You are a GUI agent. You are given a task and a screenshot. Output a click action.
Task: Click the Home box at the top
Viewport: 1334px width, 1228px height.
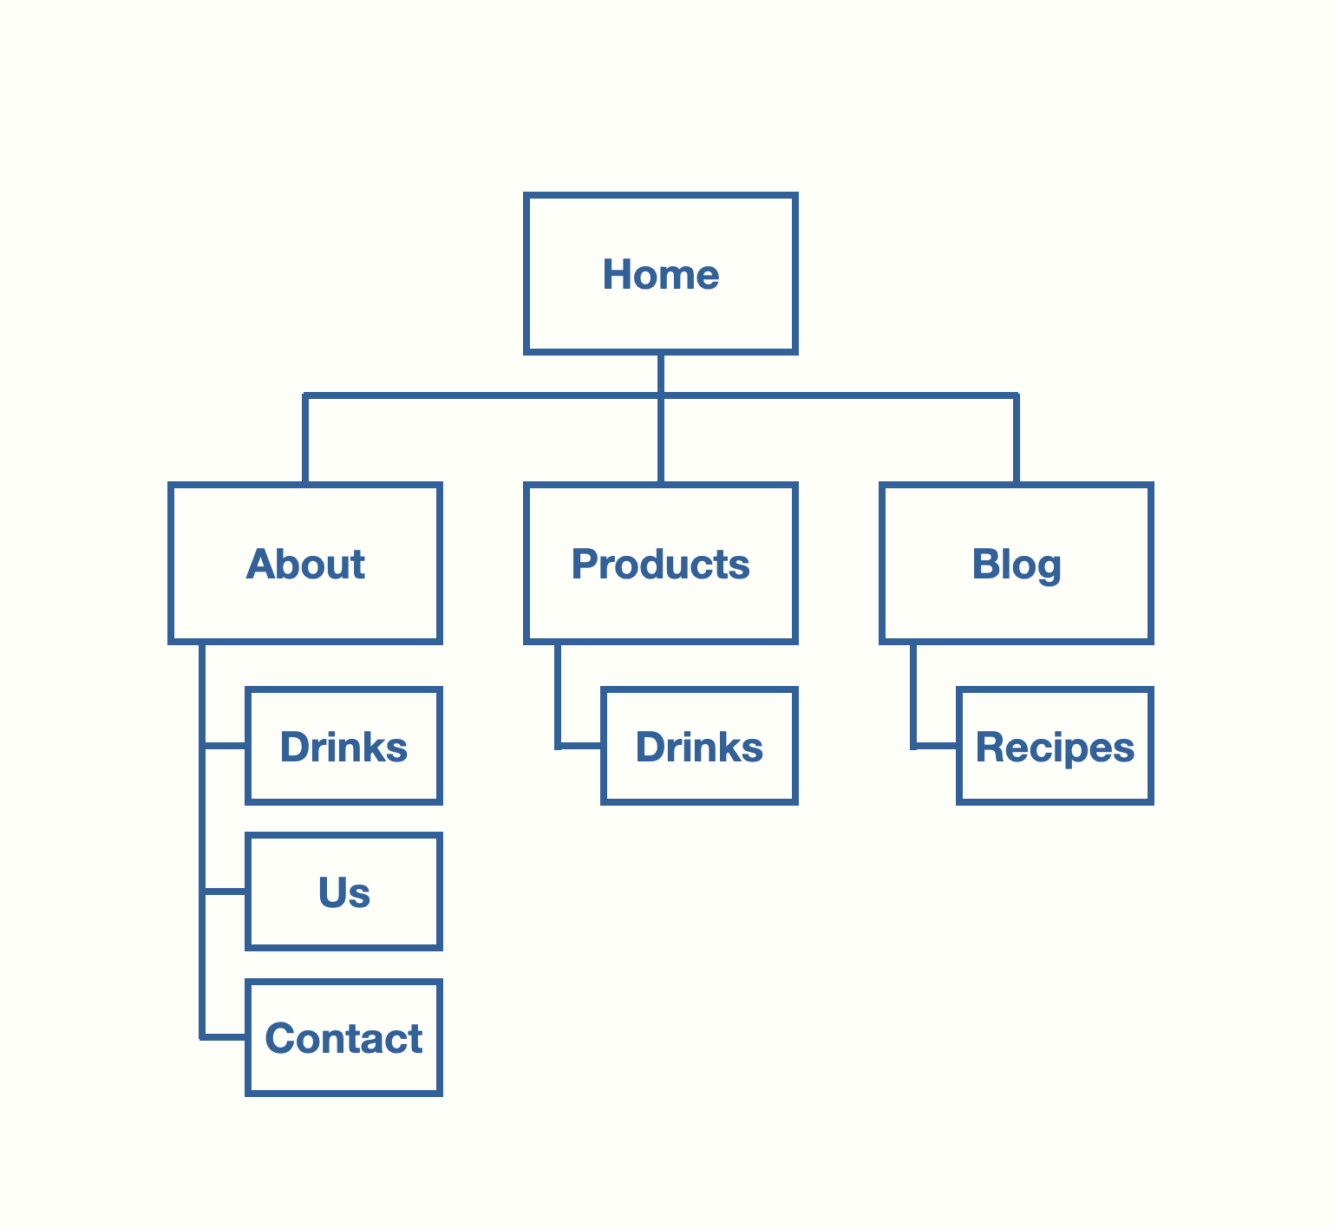[x=661, y=274]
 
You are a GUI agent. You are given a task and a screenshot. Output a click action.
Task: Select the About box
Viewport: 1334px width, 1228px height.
[x=305, y=564]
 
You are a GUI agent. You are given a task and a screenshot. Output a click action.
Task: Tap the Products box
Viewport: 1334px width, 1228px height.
[x=661, y=564]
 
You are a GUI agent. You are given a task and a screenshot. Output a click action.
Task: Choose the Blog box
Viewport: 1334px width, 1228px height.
[x=1017, y=564]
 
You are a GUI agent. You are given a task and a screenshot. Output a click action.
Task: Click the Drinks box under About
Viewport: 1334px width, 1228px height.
[x=344, y=747]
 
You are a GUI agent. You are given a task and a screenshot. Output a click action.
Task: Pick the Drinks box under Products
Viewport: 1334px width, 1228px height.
[x=700, y=747]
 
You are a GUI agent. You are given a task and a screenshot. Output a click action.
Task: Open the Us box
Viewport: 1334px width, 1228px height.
[x=344, y=892]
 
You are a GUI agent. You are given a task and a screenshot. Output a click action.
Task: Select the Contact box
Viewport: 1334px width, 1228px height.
[x=344, y=1038]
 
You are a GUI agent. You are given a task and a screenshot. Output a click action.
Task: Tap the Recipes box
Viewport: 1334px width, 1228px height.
[x=1056, y=747]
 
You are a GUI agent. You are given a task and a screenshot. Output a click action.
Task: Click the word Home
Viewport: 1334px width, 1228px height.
[x=661, y=275]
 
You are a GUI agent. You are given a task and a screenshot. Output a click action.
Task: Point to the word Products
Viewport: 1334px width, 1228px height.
[x=661, y=565]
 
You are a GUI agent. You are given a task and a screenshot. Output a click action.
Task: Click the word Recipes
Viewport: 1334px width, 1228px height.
[x=1056, y=748]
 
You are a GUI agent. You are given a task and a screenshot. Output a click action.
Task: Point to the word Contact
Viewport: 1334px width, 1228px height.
[x=344, y=1039]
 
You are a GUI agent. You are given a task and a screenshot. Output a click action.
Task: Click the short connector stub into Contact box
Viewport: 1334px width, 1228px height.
[x=224, y=1036]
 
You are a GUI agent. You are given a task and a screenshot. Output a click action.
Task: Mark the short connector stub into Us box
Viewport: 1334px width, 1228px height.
[x=224, y=891]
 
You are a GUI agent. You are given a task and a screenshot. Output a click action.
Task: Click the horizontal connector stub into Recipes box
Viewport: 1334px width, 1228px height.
[x=935, y=745]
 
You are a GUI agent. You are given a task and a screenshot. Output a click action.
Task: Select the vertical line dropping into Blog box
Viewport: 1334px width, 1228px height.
[x=1017, y=439]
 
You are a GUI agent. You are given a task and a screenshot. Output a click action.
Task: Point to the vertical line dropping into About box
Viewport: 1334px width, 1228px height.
[x=305, y=439]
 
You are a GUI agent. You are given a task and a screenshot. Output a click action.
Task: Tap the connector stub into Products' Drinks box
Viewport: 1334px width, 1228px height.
[x=579, y=745]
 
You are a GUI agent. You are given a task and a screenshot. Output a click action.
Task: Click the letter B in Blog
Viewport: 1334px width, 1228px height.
[x=985, y=564]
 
